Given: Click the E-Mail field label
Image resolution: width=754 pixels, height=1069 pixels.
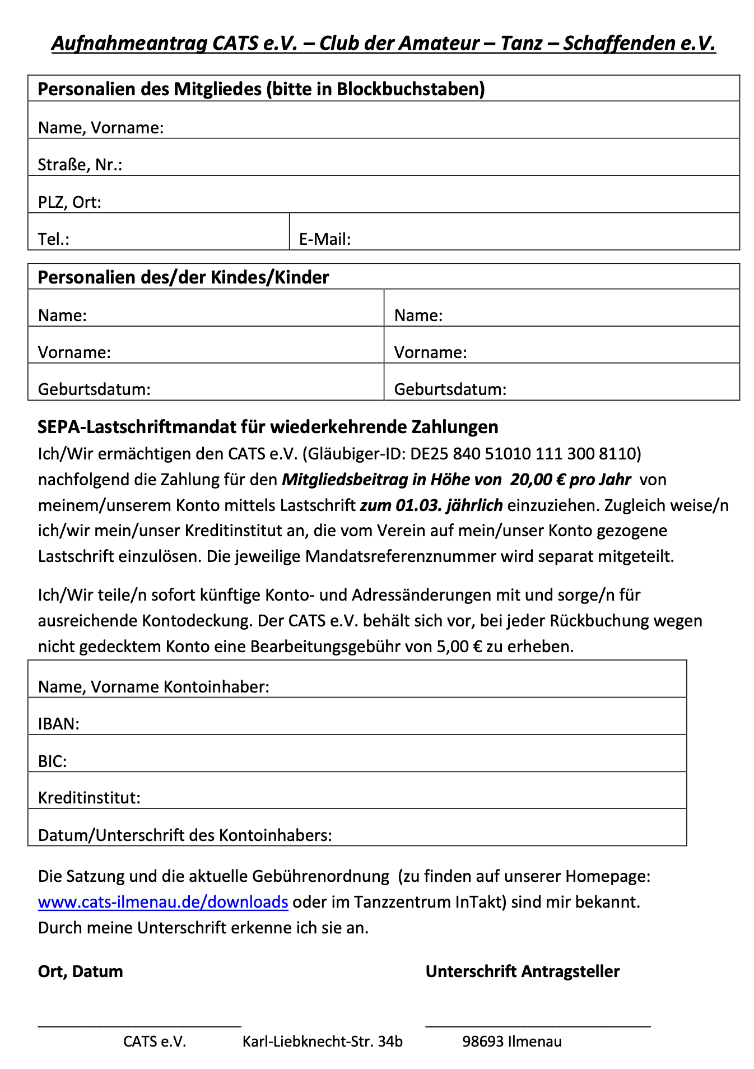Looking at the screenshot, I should point(324,239).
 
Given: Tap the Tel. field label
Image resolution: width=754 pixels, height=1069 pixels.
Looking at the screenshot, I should point(53,239).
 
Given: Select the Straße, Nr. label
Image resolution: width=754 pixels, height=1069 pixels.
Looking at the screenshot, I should point(80,165).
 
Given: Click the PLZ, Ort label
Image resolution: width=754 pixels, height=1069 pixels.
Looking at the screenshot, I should point(69,202).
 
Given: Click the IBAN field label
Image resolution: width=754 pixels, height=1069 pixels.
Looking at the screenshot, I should point(58,724).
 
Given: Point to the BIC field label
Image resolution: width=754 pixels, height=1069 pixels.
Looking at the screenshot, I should point(52,761).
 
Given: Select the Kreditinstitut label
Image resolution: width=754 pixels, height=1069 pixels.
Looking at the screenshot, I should point(89,798).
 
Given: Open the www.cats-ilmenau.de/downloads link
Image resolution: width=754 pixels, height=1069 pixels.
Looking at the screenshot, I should point(163,902).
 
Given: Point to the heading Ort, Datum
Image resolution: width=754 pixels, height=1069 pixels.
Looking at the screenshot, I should point(80,972).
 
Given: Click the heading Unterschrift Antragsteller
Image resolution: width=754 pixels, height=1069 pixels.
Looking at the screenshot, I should point(522,972).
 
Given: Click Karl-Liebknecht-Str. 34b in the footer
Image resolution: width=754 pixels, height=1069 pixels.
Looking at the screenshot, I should point(322,1042).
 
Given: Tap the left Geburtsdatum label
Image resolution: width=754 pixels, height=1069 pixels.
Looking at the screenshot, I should point(94,389).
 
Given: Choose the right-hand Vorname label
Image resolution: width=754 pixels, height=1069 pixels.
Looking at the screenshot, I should point(430,352).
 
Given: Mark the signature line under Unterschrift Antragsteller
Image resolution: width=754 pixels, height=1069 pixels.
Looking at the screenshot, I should point(538,1026).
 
